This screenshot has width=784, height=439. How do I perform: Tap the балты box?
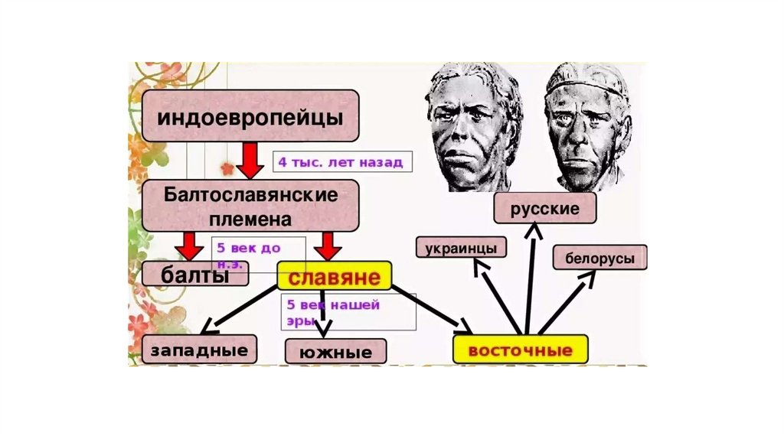196,275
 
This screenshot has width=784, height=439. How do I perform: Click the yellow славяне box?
334,275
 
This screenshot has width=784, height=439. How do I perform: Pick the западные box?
199,350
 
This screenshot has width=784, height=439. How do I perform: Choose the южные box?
335,353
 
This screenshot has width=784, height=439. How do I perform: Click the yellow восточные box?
521,350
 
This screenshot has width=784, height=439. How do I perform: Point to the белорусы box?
599,258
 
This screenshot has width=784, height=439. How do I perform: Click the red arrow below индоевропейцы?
249,159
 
